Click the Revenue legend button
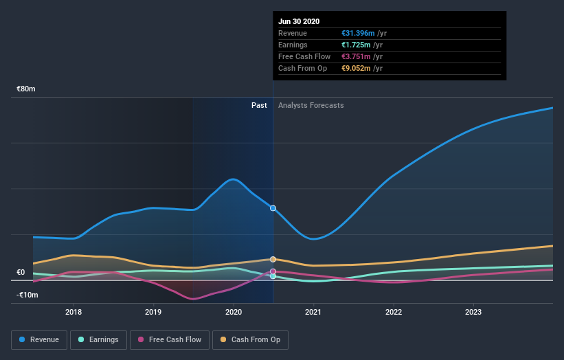coord(40,339)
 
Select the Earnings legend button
coord(98,339)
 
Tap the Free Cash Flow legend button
coord(169,339)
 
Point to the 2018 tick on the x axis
coord(74,311)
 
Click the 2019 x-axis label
coord(153,311)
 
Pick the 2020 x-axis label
coord(234,311)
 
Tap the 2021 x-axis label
coord(313,311)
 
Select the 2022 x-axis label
coord(394,311)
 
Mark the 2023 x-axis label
coord(473,311)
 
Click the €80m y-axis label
coord(26,89)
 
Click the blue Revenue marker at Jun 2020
coord(273,207)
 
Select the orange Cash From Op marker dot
coord(273,259)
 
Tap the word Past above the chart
coord(259,105)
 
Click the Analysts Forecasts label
coord(311,105)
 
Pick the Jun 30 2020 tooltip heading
coord(299,21)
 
